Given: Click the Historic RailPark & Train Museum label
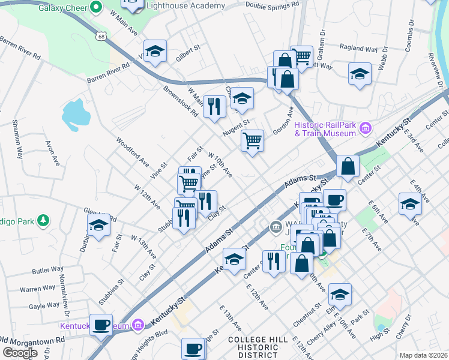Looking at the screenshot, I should [x=325, y=129].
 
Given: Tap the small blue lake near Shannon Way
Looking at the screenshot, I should [x=73, y=114].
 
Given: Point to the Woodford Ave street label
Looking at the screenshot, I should [x=132, y=153].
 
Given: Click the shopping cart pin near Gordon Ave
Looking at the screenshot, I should [x=253, y=141].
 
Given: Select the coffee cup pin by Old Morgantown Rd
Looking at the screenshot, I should [x=101, y=324].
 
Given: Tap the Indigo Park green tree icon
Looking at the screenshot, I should [x=43, y=221].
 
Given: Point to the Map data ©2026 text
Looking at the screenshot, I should [x=423, y=355].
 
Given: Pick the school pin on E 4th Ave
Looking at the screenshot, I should [x=410, y=203].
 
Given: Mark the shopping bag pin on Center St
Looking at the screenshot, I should [x=348, y=166].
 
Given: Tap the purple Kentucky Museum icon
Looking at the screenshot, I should [x=138, y=326].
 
